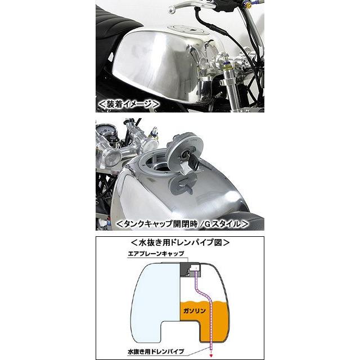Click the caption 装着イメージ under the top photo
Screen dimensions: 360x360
[x=129, y=105]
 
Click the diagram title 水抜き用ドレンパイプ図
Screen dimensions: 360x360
[x=179, y=243]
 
